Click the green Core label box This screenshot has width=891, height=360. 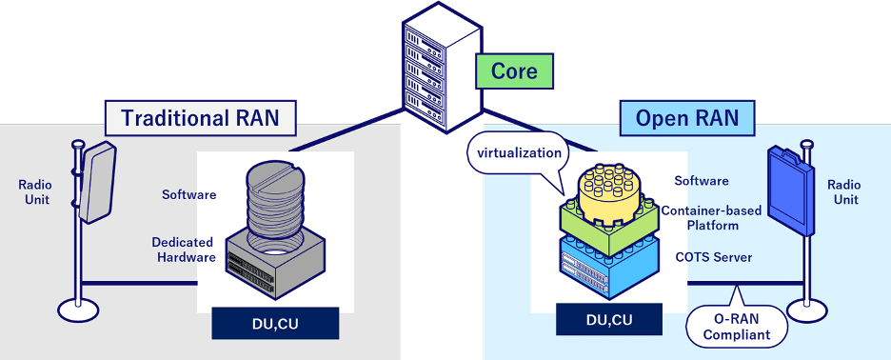(514, 71)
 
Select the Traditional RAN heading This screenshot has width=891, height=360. (201, 118)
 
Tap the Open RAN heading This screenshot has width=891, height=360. (687, 118)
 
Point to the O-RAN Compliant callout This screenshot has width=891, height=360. (737, 327)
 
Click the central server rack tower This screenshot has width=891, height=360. (442, 69)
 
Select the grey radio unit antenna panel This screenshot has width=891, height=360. (97, 182)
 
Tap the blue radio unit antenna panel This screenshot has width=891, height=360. (792, 190)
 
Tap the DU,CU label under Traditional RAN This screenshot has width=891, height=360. (275, 324)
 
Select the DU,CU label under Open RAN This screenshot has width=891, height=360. (608, 319)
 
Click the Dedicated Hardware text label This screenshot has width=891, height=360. (184, 250)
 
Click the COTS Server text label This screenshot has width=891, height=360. (714, 257)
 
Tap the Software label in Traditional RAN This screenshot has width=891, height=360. (189, 194)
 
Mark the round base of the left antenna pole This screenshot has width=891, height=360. (78, 310)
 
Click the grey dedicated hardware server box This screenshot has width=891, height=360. (275, 265)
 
